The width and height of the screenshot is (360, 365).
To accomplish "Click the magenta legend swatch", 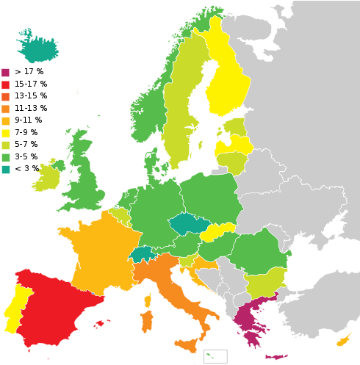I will [5, 73].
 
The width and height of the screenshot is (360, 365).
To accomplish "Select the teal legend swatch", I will [5, 170].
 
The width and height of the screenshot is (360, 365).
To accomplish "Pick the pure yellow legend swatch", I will [5, 133].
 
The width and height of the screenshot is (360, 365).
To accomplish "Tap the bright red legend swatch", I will [5, 84].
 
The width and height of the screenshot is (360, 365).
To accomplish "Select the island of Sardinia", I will [146, 320].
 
